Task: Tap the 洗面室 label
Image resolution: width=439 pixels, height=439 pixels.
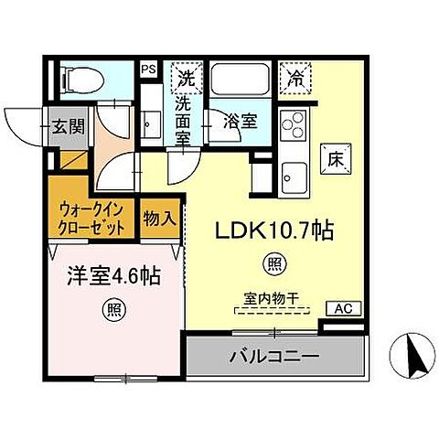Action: (187, 117)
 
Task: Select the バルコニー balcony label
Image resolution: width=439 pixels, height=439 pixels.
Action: (273, 355)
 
